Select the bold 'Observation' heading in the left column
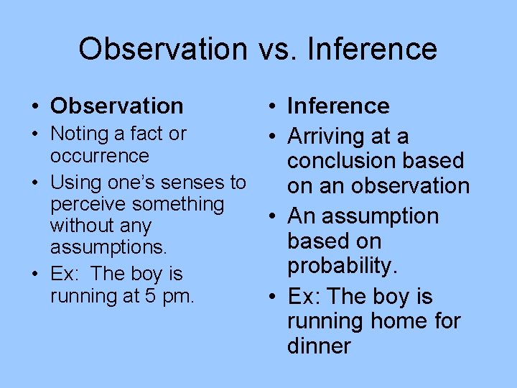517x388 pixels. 117,106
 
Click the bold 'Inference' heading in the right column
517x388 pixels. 338,106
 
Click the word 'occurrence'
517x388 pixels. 100,155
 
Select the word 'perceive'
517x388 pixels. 87,204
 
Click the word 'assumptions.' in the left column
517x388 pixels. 108,248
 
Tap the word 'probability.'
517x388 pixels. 342,266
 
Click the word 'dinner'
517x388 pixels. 319,346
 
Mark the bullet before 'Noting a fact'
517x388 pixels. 35,134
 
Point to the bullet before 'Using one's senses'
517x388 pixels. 35,183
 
